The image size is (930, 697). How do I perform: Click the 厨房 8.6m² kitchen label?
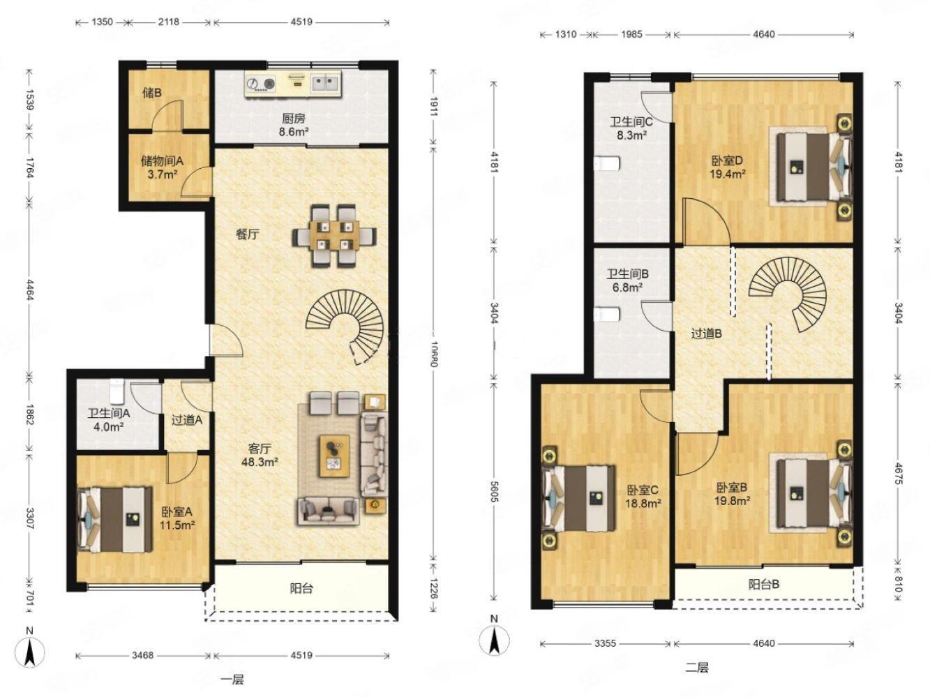pyautogui.click(x=294, y=125)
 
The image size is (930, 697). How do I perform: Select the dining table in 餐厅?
pyautogui.click(x=334, y=236)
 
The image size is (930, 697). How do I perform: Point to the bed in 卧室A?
pyautogui.click(x=115, y=520)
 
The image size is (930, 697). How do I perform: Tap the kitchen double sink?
pyautogui.click(x=325, y=82)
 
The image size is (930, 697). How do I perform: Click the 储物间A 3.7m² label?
pyautogui.click(x=162, y=167)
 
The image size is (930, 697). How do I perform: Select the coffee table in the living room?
pyautogui.click(x=335, y=456)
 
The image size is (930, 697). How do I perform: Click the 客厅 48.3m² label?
pyautogui.click(x=260, y=455)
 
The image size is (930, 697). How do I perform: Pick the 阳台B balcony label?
pyautogui.click(x=763, y=585)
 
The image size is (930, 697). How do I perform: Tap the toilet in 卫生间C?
pyautogui.click(x=607, y=163)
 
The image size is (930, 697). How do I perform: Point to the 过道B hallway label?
pyautogui.click(x=706, y=334)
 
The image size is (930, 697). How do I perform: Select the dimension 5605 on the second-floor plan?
pyautogui.click(x=493, y=491)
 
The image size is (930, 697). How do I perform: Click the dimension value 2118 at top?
pyautogui.click(x=169, y=22)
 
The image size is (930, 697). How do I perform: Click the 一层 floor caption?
pyautogui.click(x=232, y=680)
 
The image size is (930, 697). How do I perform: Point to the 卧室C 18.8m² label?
pyautogui.click(x=643, y=497)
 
